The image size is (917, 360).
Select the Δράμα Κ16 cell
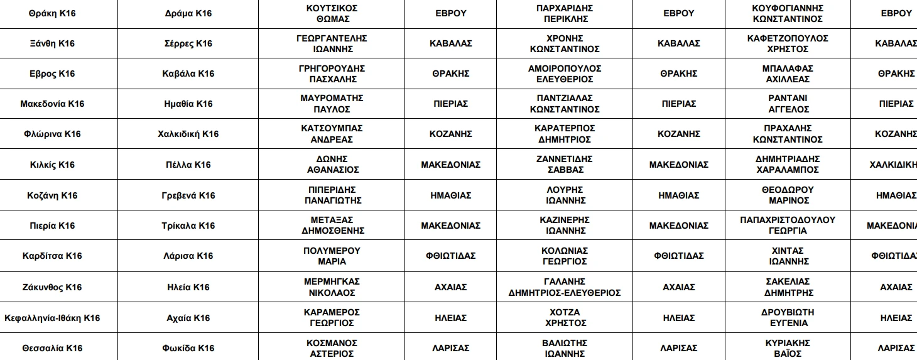click(188, 13)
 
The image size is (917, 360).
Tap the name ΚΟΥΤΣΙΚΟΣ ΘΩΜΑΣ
click(332, 13)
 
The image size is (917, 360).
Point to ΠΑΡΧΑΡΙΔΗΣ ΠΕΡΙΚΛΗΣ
click(565, 13)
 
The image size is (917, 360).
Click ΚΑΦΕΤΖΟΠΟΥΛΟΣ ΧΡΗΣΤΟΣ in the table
click(788, 43)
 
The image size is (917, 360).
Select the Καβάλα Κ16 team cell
click(188, 74)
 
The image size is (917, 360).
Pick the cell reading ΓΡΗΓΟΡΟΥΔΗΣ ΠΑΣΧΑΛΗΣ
click(332, 74)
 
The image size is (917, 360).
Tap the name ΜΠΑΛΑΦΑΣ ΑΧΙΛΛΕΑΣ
click(788, 74)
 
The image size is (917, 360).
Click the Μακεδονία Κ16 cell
click(52, 104)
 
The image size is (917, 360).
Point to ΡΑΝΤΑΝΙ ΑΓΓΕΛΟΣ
click(788, 104)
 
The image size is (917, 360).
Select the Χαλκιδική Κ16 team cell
click(188, 134)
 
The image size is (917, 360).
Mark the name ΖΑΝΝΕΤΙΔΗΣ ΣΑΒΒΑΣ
click(565, 164)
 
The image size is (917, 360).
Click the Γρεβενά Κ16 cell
click(188, 195)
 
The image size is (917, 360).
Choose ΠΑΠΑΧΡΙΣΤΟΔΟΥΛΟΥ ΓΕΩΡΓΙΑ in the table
click(788, 225)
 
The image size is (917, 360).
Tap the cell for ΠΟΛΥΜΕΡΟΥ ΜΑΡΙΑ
click(332, 256)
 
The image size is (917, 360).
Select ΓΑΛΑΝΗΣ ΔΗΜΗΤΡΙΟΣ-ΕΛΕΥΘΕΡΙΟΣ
click(565, 287)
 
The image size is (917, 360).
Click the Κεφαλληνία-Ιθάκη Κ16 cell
click(52, 318)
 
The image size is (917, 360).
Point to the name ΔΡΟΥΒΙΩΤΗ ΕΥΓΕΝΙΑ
click(788, 317)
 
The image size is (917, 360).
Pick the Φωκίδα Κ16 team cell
click(188, 348)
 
